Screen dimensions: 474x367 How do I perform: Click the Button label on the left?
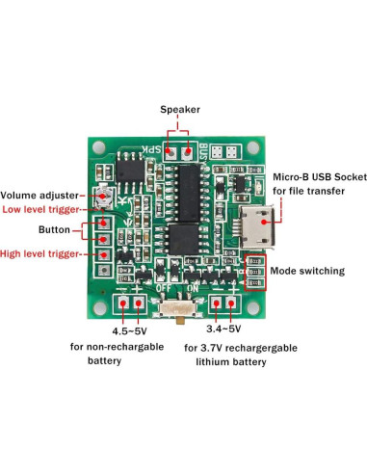(x=54, y=231)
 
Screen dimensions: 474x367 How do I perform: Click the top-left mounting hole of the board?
(x=97, y=147)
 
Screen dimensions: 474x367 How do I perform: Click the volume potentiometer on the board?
(x=106, y=197)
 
